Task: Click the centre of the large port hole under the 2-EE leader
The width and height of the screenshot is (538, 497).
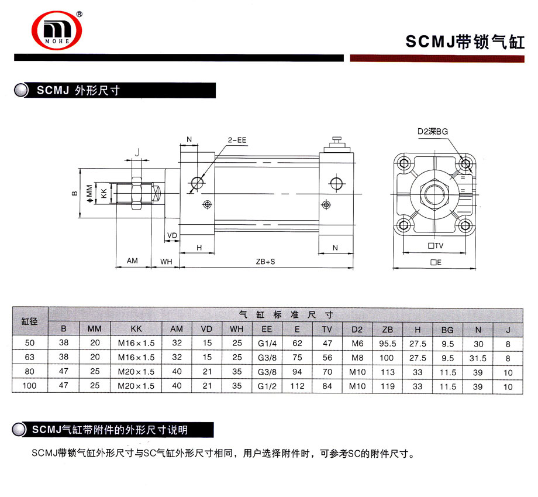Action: click(x=197, y=183)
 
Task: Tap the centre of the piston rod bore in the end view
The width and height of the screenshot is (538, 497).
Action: click(x=434, y=194)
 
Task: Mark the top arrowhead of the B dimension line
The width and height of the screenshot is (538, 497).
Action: click(x=80, y=170)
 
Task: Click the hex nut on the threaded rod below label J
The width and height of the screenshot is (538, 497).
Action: click(x=137, y=193)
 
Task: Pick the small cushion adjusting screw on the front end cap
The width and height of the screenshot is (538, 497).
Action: click(x=207, y=204)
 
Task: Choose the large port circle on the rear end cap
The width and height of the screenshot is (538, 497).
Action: click(x=336, y=183)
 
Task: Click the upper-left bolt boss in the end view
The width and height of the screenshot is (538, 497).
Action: click(x=403, y=163)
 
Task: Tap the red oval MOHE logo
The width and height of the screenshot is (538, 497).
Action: click(x=57, y=30)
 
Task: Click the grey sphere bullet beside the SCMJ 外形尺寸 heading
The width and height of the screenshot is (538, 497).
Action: click(x=21, y=90)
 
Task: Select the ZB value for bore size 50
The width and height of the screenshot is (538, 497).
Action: click(x=387, y=344)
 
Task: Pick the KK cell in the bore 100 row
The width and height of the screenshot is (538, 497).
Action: click(x=136, y=386)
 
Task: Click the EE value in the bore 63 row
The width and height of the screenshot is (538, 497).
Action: click(x=267, y=358)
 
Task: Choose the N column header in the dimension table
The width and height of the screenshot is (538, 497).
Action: click(x=478, y=330)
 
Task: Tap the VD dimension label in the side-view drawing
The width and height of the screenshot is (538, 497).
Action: click(x=172, y=235)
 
